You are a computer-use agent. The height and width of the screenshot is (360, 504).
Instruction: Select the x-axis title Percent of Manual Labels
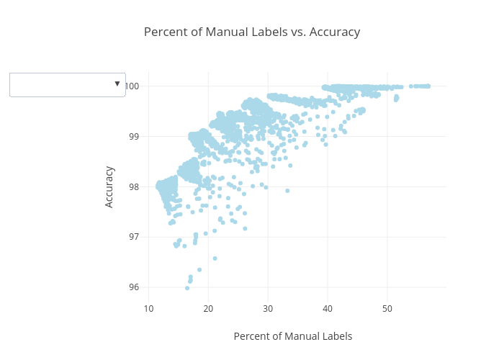pyautogui.click(x=293, y=336)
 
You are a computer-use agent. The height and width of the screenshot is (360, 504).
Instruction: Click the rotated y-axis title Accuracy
pyautogui.click(x=109, y=186)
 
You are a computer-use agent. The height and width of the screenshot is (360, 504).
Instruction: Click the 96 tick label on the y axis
pyautogui.click(x=135, y=287)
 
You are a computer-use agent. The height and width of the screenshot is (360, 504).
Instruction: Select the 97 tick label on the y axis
pyautogui.click(x=135, y=237)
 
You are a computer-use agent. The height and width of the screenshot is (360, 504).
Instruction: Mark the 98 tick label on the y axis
pyautogui.click(x=135, y=186)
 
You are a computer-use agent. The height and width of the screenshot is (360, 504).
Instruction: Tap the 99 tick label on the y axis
pyautogui.click(x=135, y=136)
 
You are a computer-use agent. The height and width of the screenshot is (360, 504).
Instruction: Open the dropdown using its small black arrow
pyautogui.click(x=117, y=84)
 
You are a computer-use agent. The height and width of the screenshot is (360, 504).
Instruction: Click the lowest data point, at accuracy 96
pyautogui.click(x=187, y=288)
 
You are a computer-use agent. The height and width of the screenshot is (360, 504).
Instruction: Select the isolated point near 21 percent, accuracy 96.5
pyautogui.click(x=215, y=258)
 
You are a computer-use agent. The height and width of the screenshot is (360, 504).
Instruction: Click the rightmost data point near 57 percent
pyautogui.click(x=428, y=86)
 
